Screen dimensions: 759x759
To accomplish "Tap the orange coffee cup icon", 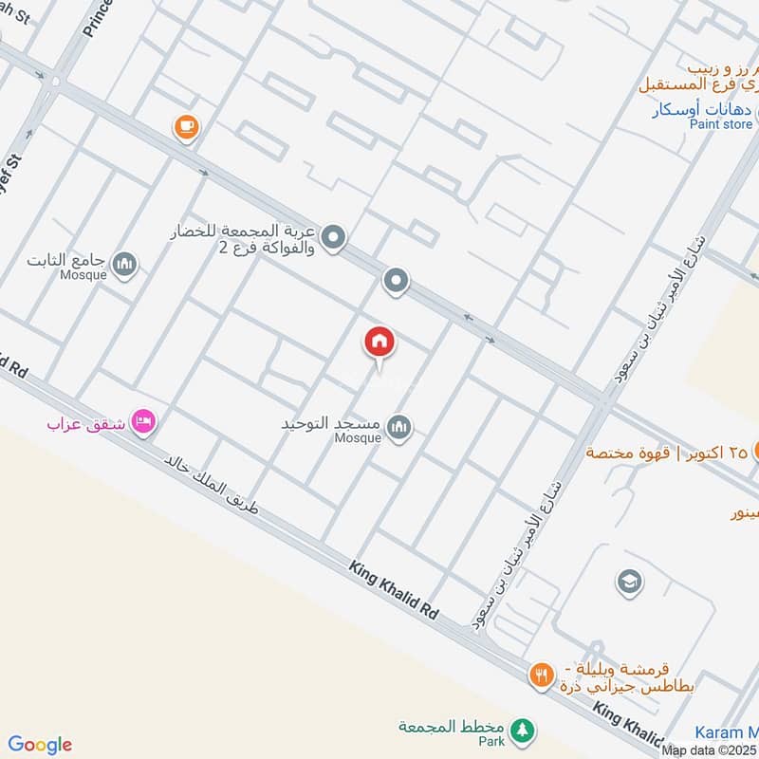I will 187,127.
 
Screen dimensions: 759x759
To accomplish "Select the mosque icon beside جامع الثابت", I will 124,265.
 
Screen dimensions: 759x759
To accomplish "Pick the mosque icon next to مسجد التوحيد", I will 400,426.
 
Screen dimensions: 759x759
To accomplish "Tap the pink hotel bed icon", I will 144,419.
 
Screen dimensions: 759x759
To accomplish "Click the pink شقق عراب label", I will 87,420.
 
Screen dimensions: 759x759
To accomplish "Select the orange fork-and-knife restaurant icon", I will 541,676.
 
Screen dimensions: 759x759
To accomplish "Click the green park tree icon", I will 520,731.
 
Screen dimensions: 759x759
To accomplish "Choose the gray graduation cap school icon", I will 628,582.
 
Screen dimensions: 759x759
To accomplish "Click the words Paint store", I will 721,124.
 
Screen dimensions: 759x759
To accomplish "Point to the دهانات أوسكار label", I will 702,109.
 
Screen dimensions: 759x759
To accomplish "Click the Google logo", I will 40,745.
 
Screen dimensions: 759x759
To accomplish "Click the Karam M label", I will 727,731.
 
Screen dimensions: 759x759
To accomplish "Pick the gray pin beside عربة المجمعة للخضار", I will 333,238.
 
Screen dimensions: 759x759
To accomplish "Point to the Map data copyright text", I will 709,750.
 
